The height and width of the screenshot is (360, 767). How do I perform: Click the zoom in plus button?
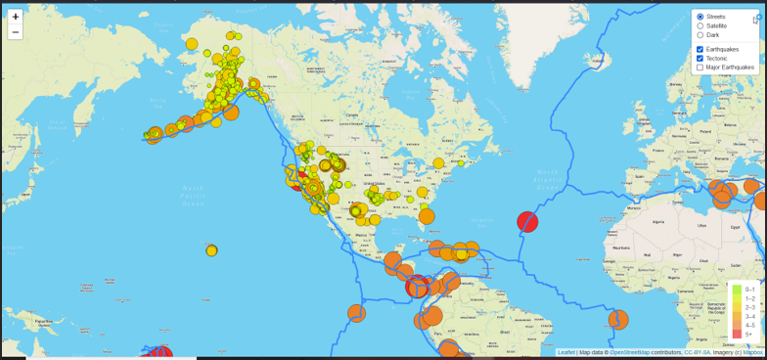[x=16, y=17]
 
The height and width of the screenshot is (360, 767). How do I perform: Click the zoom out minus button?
[x=16, y=32]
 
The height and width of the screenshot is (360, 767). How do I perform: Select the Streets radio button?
[x=699, y=17]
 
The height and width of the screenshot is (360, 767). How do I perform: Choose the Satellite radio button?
[x=699, y=25]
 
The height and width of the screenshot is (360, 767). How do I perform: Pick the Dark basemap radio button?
[x=699, y=35]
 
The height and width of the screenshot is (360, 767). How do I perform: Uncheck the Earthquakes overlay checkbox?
[x=699, y=49]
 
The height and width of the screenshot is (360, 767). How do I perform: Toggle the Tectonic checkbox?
[x=699, y=59]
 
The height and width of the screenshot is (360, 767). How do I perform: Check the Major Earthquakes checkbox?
[x=699, y=67]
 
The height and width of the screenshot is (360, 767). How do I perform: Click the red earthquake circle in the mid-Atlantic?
[x=527, y=222]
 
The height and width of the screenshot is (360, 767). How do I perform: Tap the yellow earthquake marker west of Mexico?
[x=211, y=250]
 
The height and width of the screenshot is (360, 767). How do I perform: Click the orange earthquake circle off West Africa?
[x=618, y=320]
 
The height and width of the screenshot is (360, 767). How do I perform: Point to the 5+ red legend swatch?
[x=737, y=335]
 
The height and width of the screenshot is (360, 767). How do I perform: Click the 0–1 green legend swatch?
[x=737, y=290]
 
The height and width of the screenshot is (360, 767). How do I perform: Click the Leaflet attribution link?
[x=565, y=352]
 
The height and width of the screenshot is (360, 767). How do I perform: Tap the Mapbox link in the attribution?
[x=751, y=352]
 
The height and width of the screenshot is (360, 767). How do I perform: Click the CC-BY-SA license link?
[x=697, y=352]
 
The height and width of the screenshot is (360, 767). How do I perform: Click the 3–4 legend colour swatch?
[x=737, y=316]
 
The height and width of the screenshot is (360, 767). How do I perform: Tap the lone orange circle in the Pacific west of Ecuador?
[x=356, y=313]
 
